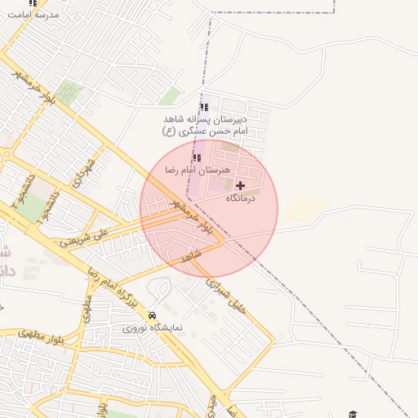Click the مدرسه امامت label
pos(33,16)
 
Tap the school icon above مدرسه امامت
pos(33,3)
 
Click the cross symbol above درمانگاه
pos(240,186)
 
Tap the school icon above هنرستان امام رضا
pos(196,158)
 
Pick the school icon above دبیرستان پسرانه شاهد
pos(204,106)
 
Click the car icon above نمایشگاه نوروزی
pos(153,315)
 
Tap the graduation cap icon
pos(353,415)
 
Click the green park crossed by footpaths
pos(69,92)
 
